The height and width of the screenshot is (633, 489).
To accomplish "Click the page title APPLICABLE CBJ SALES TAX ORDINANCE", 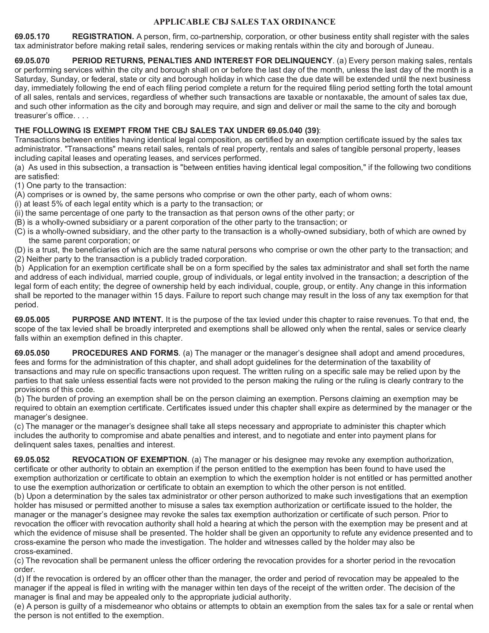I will click(x=244, y=22).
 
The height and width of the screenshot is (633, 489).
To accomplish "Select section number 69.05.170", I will click(x=32, y=37).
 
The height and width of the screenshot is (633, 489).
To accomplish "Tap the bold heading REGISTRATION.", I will click(x=103, y=37).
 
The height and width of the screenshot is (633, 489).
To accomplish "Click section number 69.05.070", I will click(x=32, y=61).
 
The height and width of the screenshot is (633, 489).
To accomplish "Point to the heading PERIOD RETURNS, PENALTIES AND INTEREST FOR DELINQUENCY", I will click(x=202, y=61).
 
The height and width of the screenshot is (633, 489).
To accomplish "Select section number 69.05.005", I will click(x=32, y=320).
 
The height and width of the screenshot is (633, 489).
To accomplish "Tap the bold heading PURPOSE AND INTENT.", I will click(x=117, y=320).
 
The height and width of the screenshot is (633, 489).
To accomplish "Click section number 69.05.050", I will click(x=32, y=353).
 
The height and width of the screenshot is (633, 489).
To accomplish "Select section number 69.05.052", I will click(x=32, y=460).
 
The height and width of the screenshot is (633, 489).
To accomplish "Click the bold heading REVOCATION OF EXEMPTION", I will click(x=129, y=460).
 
